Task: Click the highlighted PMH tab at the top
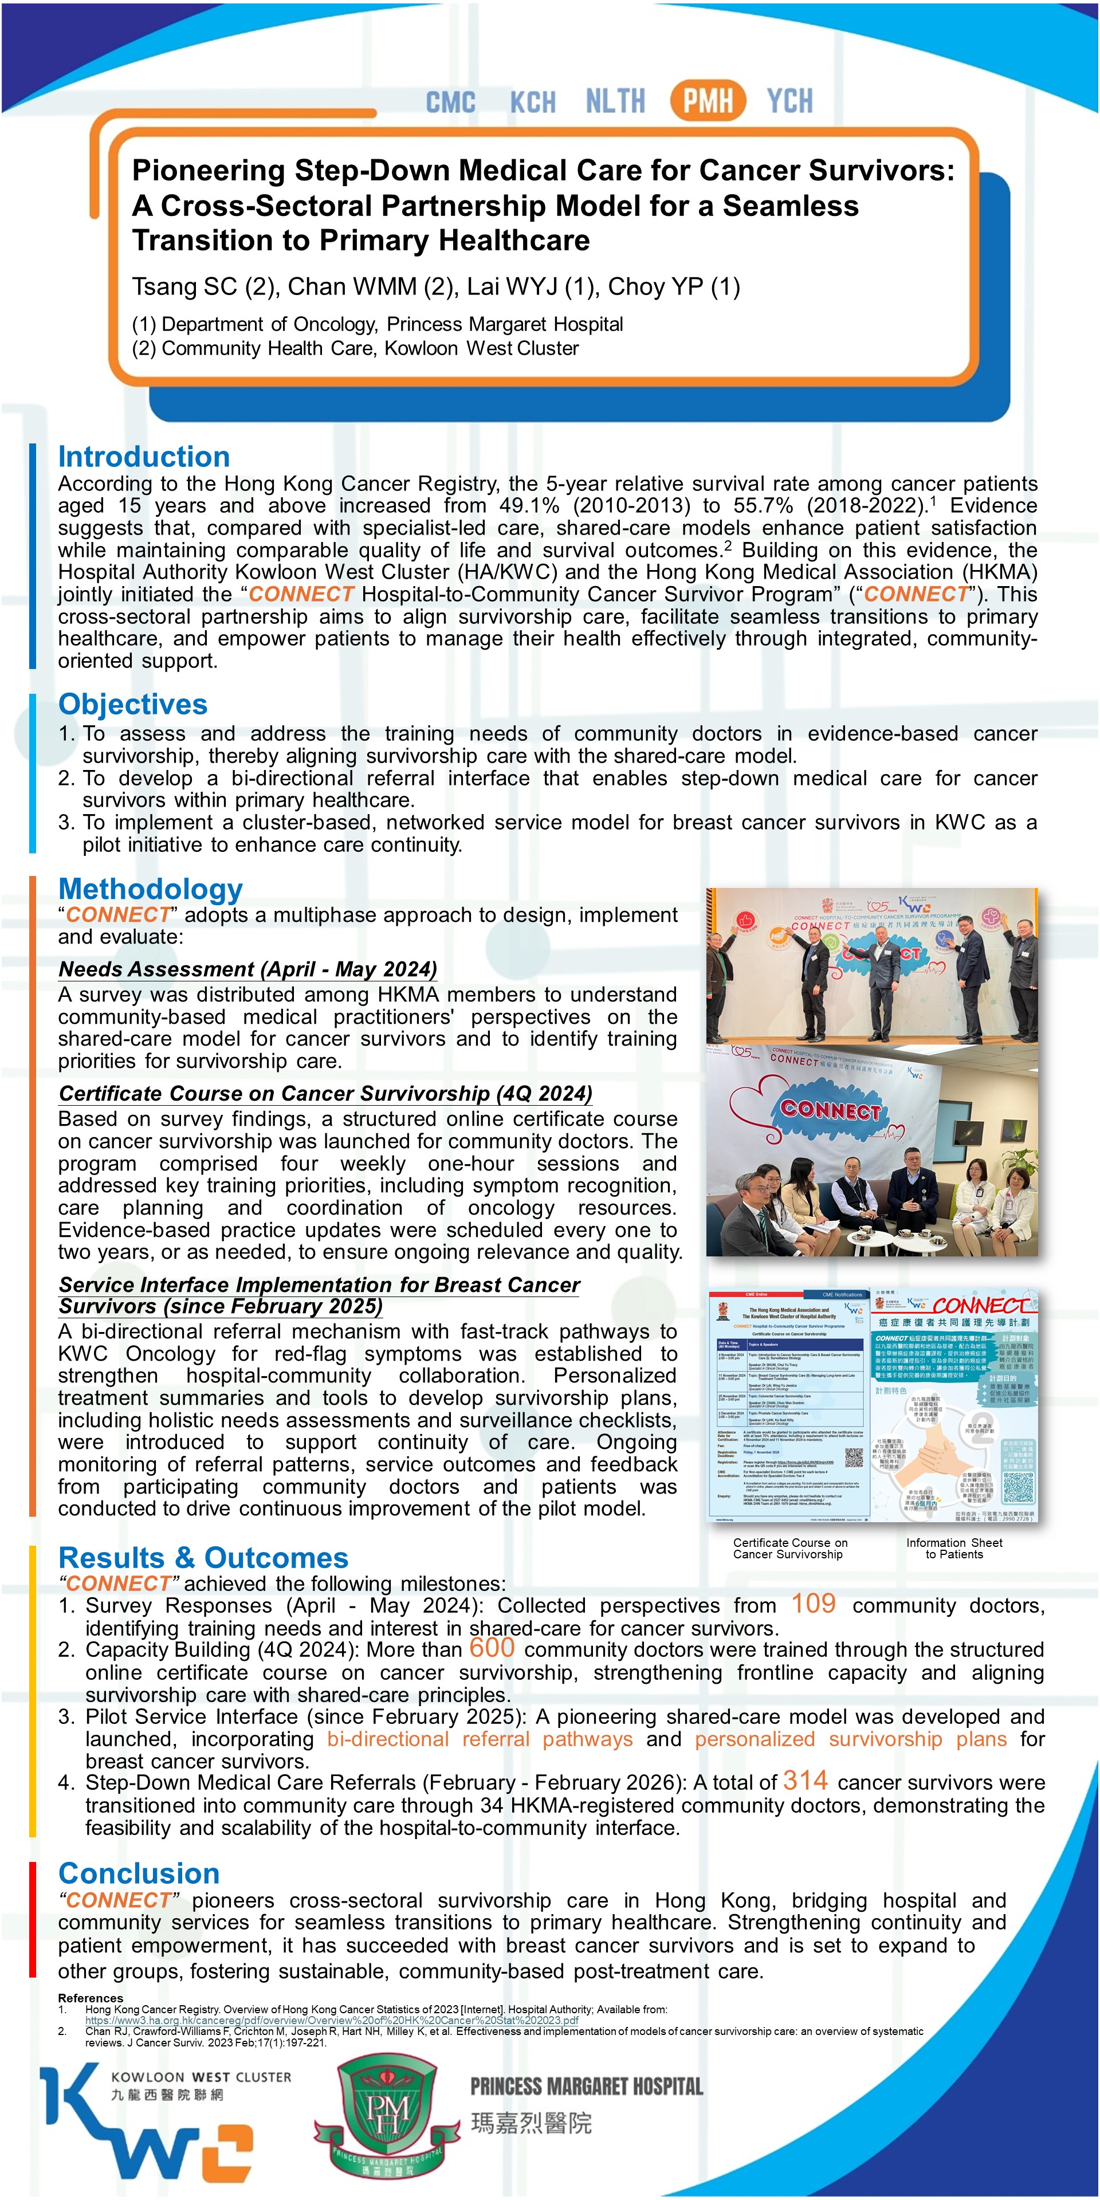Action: (x=708, y=101)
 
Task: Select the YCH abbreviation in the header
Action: (x=789, y=101)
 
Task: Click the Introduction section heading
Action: (x=143, y=457)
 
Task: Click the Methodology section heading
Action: (x=150, y=889)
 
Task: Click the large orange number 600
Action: (x=492, y=1648)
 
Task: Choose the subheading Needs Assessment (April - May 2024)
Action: (x=247, y=969)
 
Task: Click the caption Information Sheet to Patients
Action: (x=954, y=1549)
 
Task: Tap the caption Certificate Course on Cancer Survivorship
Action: (x=790, y=1549)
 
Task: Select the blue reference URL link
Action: (x=331, y=2021)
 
